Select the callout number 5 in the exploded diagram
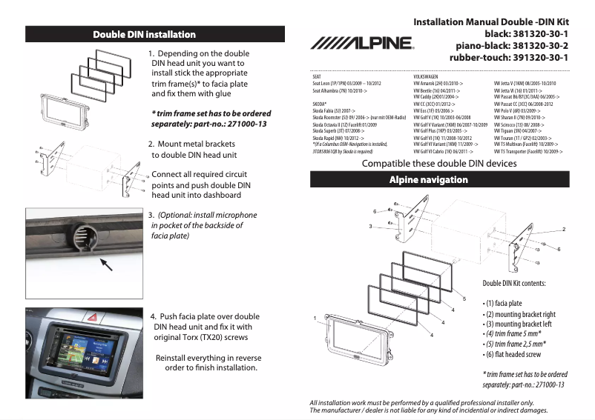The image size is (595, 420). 464,299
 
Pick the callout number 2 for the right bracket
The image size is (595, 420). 563,229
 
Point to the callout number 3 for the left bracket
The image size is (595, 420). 369,225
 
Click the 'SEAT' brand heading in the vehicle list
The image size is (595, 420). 317,76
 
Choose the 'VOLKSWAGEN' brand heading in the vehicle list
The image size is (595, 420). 427,76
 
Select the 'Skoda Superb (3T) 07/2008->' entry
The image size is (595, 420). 339,131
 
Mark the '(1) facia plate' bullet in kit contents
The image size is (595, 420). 504,303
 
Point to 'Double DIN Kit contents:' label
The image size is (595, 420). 514,284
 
